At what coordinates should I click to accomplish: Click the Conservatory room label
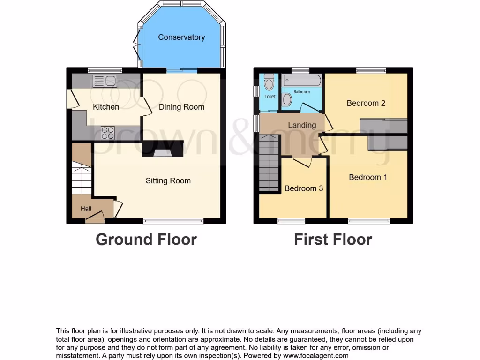click(x=181, y=37)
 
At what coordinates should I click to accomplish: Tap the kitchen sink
click(x=105, y=81)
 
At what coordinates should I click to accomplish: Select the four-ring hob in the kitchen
click(x=108, y=133)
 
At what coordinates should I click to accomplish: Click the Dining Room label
click(x=181, y=107)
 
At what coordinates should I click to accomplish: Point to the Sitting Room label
click(x=168, y=180)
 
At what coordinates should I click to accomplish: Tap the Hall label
click(x=86, y=209)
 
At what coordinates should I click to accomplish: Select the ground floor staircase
click(x=82, y=178)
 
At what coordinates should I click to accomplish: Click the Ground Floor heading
click(x=146, y=240)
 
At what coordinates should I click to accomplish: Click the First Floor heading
click(x=333, y=240)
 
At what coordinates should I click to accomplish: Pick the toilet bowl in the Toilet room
click(x=269, y=84)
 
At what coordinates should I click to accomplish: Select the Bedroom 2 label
click(x=366, y=103)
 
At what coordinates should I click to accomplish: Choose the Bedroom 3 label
click(x=304, y=188)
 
